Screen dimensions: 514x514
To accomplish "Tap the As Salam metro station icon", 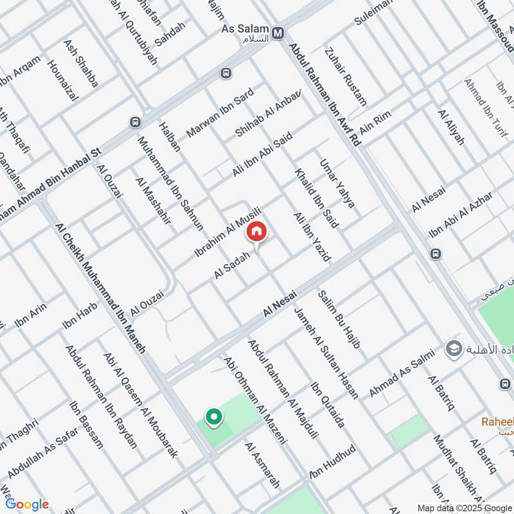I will click(278, 33).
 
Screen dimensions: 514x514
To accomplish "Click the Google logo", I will click(27, 504).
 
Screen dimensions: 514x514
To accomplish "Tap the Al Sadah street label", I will click(231, 265).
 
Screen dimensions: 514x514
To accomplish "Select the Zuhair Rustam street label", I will click(346, 78).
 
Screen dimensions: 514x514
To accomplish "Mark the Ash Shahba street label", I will click(80, 64).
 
